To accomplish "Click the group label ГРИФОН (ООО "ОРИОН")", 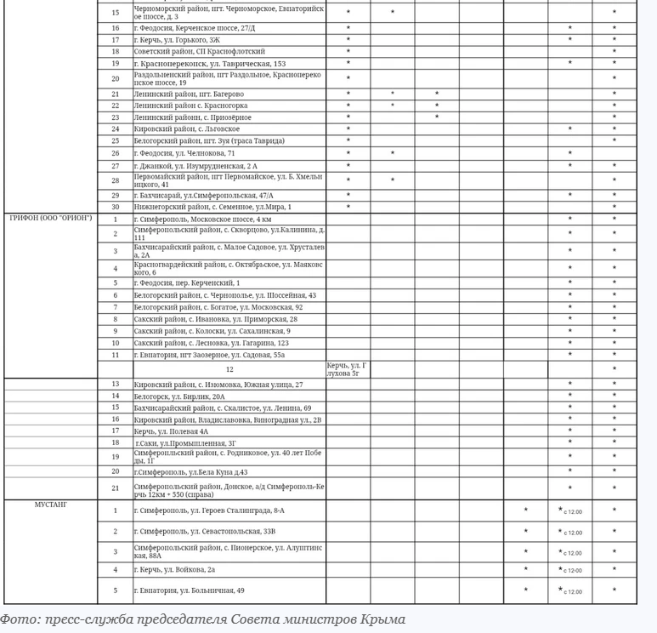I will [x=50, y=219].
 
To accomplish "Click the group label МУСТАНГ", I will [x=50, y=505].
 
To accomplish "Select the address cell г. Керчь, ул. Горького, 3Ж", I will [x=177, y=40].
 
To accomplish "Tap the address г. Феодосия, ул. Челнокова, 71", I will [x=184, y=153].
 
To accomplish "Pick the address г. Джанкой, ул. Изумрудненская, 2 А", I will [x=195, y=166].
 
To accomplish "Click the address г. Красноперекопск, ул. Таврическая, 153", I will [x=210, y=64].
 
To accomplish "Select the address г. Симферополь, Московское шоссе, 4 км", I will [x=202, y=219].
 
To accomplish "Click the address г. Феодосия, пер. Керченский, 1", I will [x=187, y=283].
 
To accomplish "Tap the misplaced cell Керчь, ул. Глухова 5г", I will [x=348, y=369].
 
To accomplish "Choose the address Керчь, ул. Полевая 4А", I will [x=171, y=431].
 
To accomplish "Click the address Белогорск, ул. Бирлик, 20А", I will [x=179, y=396].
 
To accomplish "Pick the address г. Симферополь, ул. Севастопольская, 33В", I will [x=205, y=532].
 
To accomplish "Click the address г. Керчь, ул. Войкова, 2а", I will [x=174, y=570].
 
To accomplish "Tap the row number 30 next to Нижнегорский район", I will [x=116, y=207].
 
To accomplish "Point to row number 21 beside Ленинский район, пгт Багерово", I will [x=116, y=94].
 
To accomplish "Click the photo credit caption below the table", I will [x=202, y=619].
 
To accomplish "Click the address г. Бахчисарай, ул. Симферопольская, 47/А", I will [x=204, y=196].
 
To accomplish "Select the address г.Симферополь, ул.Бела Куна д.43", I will [x=192, y=472].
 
